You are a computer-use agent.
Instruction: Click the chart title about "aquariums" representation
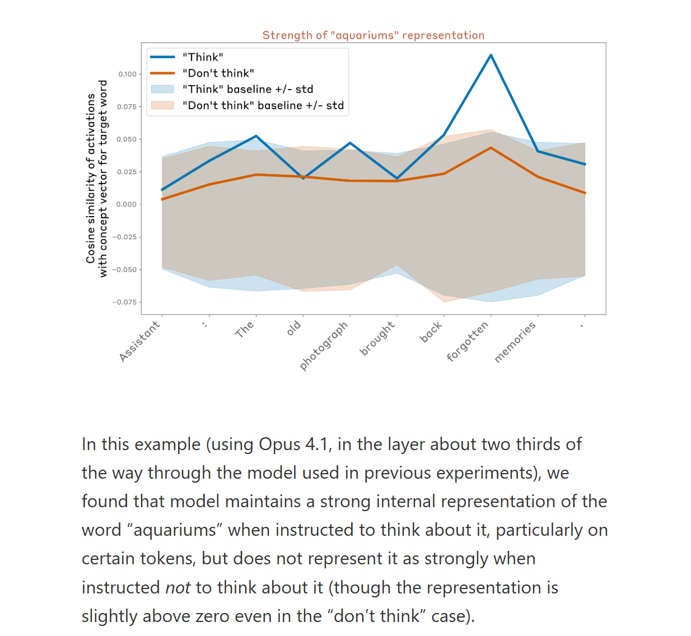tap(373, 35)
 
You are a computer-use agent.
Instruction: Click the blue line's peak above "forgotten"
tap(491, 55)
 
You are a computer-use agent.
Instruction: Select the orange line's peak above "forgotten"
tap(491, 148)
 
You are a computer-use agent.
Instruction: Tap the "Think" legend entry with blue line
tap(203, 57)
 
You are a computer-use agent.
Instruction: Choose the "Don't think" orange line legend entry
tap(218, 73)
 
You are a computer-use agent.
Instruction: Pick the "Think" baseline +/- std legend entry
tap(248, 90)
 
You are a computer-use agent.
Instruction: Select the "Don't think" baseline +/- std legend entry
tap(263, 106)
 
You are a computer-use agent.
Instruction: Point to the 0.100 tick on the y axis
tap(128, 74)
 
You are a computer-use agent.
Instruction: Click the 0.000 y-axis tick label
tap(127, 204)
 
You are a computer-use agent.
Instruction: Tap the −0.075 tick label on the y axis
tap(125, 302)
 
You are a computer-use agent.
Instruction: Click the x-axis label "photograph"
tap(324, 345)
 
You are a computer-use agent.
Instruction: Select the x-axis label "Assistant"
tap(140, 341)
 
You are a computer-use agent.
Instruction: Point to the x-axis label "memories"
tap(515, 342)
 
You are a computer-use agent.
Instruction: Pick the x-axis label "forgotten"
tap(468, 342)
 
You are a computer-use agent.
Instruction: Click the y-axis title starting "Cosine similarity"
tap(96, 178)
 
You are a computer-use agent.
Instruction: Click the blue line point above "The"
tap(256, 136)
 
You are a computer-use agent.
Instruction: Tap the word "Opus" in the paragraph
tap(279, 444)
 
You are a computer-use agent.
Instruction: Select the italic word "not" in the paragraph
tap(178, 587)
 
